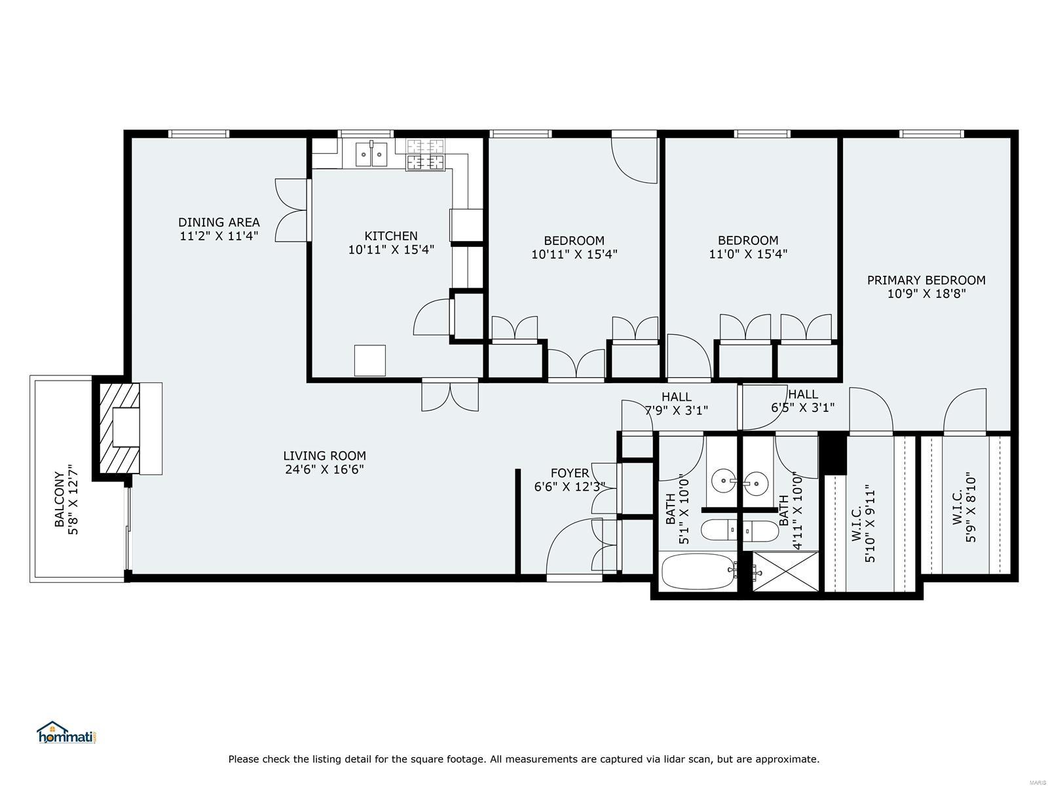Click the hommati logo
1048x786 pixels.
click(68, 732)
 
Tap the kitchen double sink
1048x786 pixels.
click(371, 154)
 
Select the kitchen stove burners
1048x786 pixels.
click(424, 155)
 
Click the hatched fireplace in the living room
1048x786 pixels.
click(119, 428)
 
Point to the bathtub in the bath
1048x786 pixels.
click(698, 571)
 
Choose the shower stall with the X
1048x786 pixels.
click(785, 571)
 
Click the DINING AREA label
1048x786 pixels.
click(219, 222)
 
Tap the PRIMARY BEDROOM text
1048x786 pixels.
click(926, 280)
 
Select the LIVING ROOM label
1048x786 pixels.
click(324, 456)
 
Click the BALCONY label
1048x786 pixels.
click(59, 499)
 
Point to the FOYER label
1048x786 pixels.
click(570, 473)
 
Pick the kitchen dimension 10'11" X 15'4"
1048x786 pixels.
click(390, 250)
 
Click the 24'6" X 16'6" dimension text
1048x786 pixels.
click(324, 469)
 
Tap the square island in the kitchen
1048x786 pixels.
click(369, 360)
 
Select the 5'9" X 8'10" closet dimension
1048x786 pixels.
click(971, 507)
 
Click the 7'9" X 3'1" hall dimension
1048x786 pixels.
click(676, 410)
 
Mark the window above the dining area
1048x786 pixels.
click(200, 134)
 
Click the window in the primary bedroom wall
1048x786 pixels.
click(931, 134)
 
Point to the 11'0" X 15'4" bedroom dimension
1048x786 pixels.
click(748, 253)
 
